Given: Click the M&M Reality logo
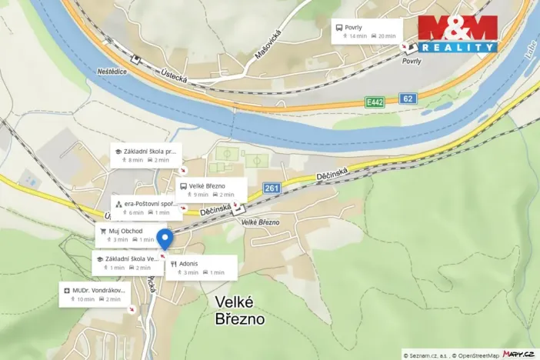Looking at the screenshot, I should click(x=457, y=34).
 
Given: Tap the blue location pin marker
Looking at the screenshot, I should click(x=165, y=239).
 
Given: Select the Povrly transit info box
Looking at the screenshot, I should click(x=366, y=32).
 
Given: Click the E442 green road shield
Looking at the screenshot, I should click(x=375, y=102).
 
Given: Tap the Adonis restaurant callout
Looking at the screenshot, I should click(x=201, y=268).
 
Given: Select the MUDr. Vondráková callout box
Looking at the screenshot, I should click(x=95, y=294).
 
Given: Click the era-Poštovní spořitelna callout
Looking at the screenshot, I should click(x=145, y=208).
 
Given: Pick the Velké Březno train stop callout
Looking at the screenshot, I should click(x=210, y=189).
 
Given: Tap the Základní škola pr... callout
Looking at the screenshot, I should click(x=148, y=155).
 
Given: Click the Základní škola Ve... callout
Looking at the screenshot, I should click(x=128, y=263).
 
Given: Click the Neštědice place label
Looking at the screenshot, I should click(x=112, y=70).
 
